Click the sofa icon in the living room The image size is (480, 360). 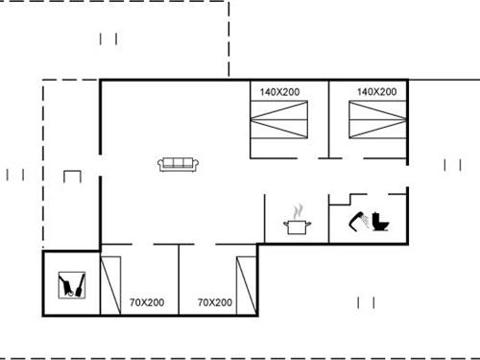coord(178,165)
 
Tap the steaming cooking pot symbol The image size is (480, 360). coord(297,221)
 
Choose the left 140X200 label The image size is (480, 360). coord(279,92)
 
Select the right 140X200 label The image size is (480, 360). coord(376,92)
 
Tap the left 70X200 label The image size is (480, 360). coord(147,302)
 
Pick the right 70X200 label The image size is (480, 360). coord(215,302)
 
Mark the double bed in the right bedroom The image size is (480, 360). coord(376,123)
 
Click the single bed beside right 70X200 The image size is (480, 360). coord(246,285)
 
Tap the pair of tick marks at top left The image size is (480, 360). coord(108,38)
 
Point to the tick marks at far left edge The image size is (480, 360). coord(15,175)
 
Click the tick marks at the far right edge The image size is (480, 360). coord(451,165)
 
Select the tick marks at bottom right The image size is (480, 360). coord(366,302)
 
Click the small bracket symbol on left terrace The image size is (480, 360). coord(71,177)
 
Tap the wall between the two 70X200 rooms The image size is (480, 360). coord(180,278)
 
